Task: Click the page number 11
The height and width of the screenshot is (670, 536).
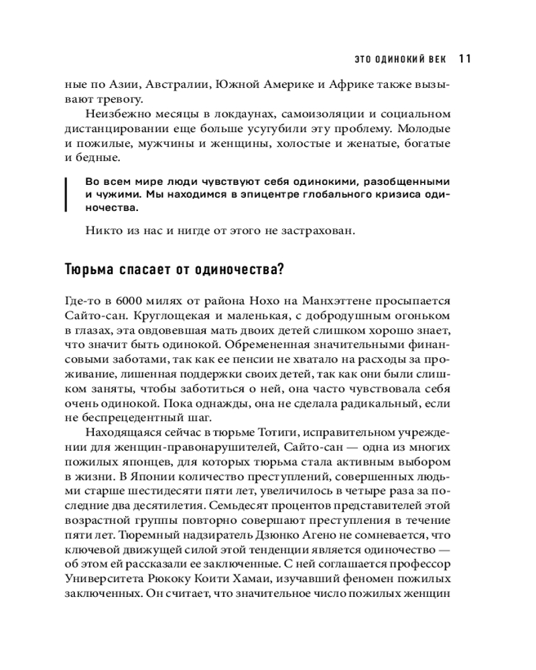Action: [465, 58]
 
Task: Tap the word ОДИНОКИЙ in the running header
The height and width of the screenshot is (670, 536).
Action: [398, 59]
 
